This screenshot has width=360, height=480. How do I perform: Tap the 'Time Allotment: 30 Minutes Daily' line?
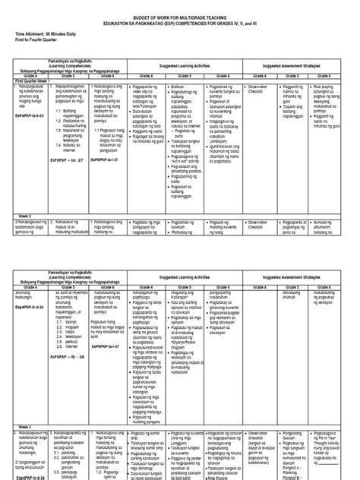49,34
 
